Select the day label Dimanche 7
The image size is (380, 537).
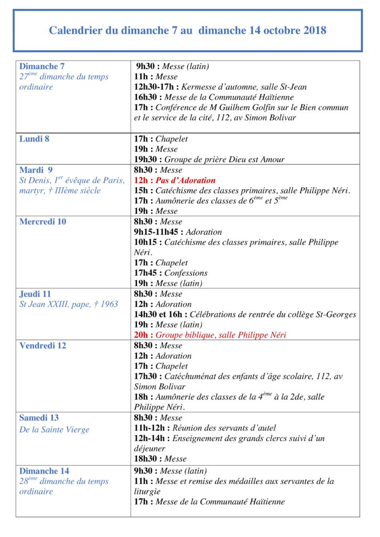point(42,66)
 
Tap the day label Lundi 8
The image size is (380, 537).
point(35,139)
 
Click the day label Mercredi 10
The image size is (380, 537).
point(43,221)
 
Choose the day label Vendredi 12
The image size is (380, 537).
point(43,346)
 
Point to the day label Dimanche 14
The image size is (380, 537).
point(44,471)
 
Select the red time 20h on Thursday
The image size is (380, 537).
point(141,335)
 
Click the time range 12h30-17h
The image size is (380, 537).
point(155,87)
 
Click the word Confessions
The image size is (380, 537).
point(186,273)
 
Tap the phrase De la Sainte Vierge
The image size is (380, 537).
point(55,430)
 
